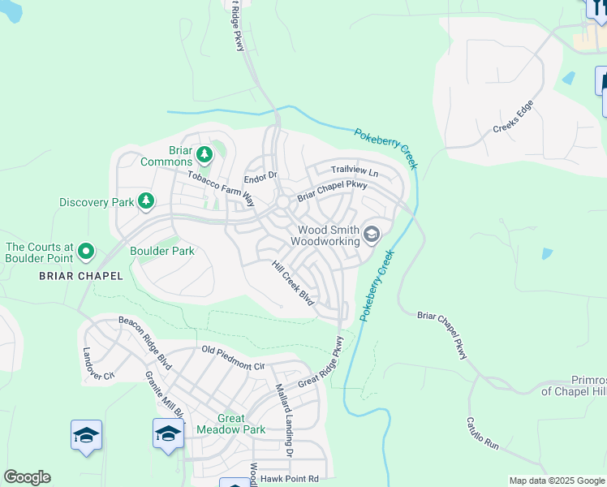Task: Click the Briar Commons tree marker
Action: (x=205, y=153)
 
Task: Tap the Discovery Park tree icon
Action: (x=146, y=200)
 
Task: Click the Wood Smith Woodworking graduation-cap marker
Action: (x=372, y=235)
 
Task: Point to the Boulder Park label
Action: (x=161, y=251)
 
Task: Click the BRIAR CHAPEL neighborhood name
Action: (x=81, y=276)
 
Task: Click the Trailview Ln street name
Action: (x=355, y=171)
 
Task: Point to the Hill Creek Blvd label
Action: (x=292, y=283)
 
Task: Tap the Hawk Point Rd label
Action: (x=291, y=478)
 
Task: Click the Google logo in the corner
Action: (x=27, y=477)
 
